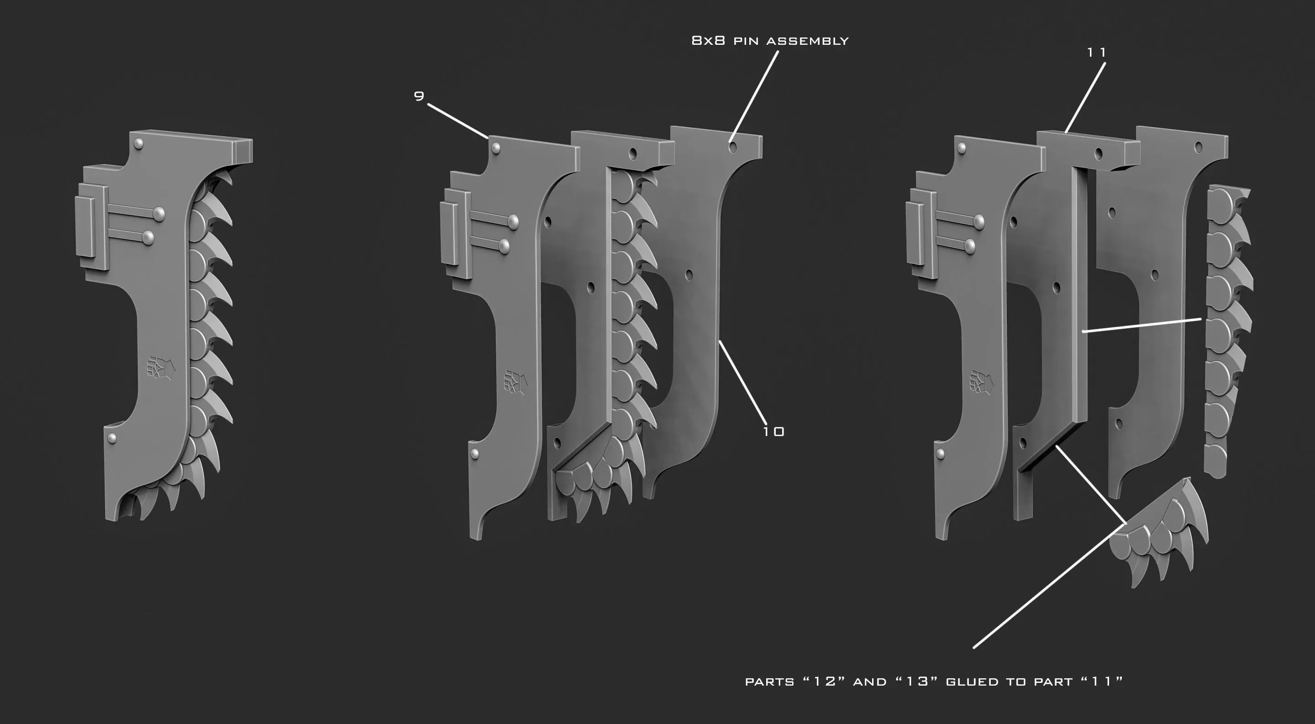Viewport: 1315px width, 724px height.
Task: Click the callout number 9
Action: (419, 96)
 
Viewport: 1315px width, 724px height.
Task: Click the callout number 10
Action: (773, 432)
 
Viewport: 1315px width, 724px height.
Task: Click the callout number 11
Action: (1096, 52)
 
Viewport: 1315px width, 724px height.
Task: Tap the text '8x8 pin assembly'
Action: (770, 41)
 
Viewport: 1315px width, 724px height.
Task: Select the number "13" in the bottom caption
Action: (917, 681)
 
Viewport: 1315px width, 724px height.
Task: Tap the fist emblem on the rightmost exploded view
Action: (981, 382)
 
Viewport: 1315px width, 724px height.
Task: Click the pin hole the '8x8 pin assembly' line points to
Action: (732, 148)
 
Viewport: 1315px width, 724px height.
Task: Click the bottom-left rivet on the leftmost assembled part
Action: (112, 437)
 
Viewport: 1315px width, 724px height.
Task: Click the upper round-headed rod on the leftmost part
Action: (159, 213)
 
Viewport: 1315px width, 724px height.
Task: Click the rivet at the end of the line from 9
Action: (494, 148)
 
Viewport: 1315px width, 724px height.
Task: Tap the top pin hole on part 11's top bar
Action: (1099, 154)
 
